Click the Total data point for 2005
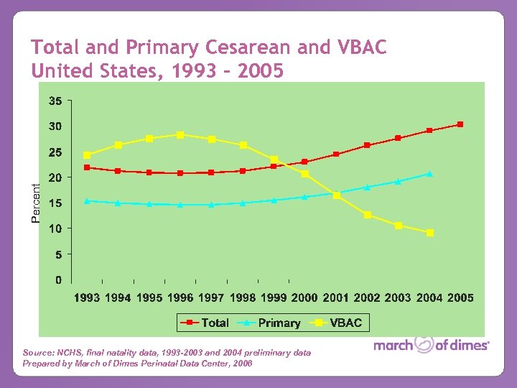460,124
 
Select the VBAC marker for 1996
180,134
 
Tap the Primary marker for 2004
429,174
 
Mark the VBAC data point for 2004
429,233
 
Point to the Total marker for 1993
87,167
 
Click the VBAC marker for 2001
336,195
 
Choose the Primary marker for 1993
87,201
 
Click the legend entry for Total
205,323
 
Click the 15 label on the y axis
55,203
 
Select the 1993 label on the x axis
87,297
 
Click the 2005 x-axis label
460,297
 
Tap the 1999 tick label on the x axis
274,297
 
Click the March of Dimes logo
431,346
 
